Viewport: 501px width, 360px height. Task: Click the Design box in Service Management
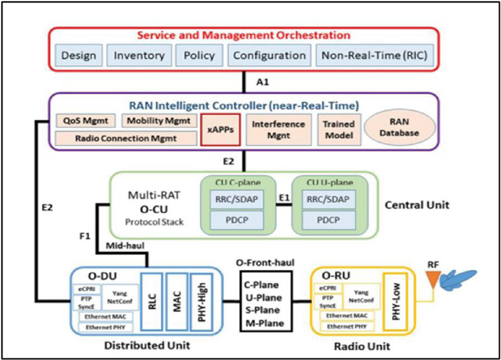click(x=79, y=55)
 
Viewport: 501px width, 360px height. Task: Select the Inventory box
click(x=138, y=55)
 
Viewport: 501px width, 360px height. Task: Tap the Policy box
click(x=199, y=55)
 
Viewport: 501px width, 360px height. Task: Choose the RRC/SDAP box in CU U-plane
click(x=323, y=200)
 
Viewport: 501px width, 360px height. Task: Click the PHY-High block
click(x=201, y=299)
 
